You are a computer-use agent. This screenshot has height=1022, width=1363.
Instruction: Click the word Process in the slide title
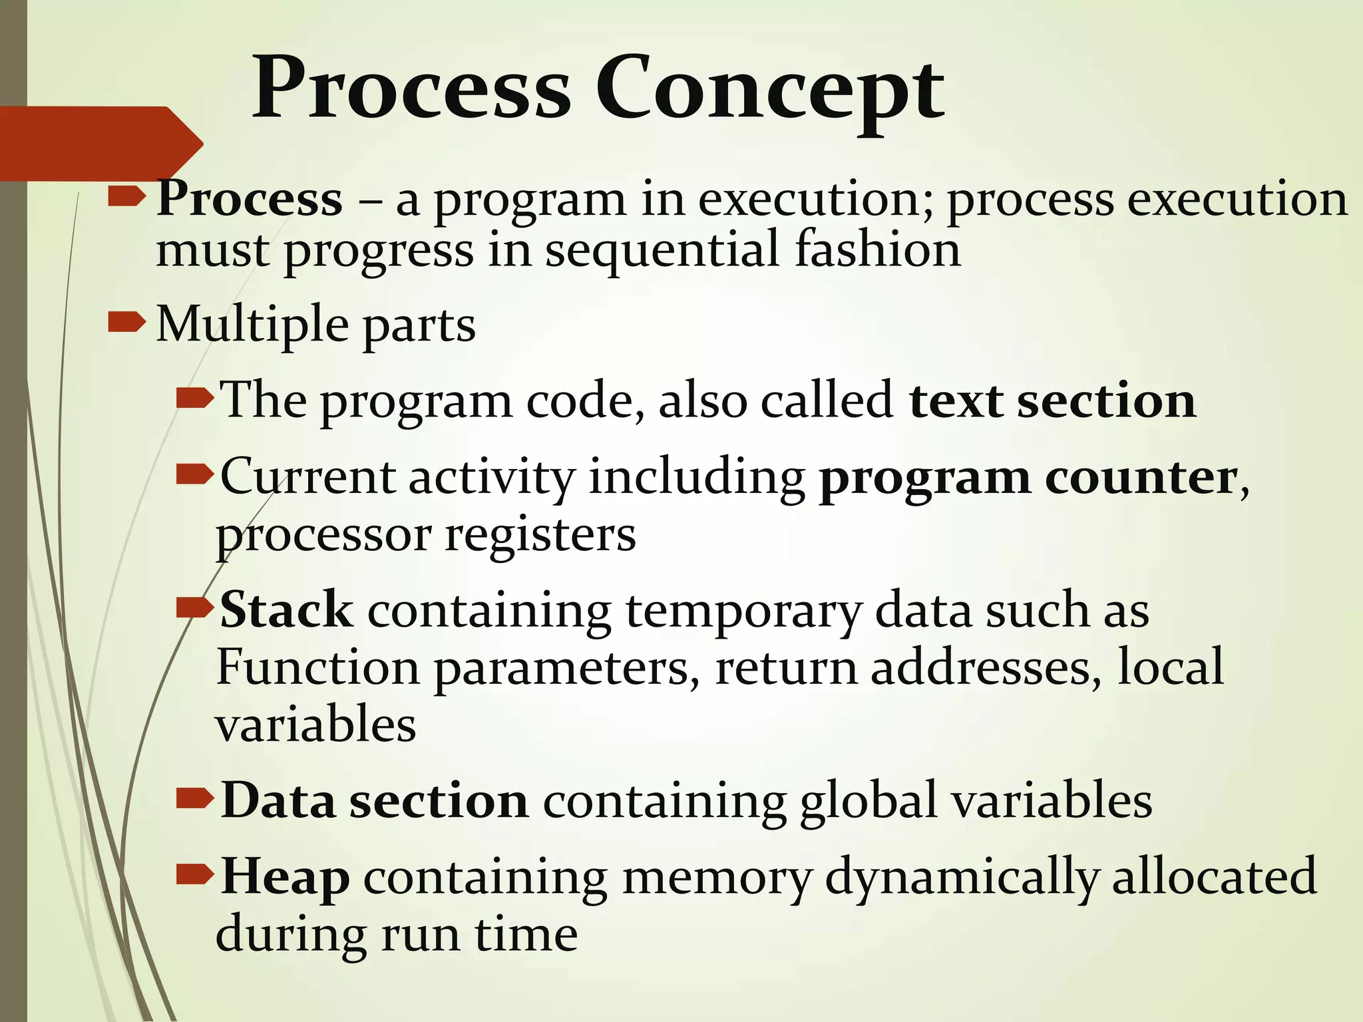click(411, 90)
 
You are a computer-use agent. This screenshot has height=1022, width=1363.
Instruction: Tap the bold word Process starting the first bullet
click(250, 199)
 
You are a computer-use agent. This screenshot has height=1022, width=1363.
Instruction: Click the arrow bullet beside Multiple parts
click(126, 323)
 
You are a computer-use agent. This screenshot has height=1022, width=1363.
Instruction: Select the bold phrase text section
click(1052, 401)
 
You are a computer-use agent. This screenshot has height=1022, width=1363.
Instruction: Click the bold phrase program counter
click(1027, 478)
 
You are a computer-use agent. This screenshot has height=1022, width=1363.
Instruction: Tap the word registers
click(540, 536)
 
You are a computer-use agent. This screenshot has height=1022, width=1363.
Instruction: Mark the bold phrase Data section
click(375, 801)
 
